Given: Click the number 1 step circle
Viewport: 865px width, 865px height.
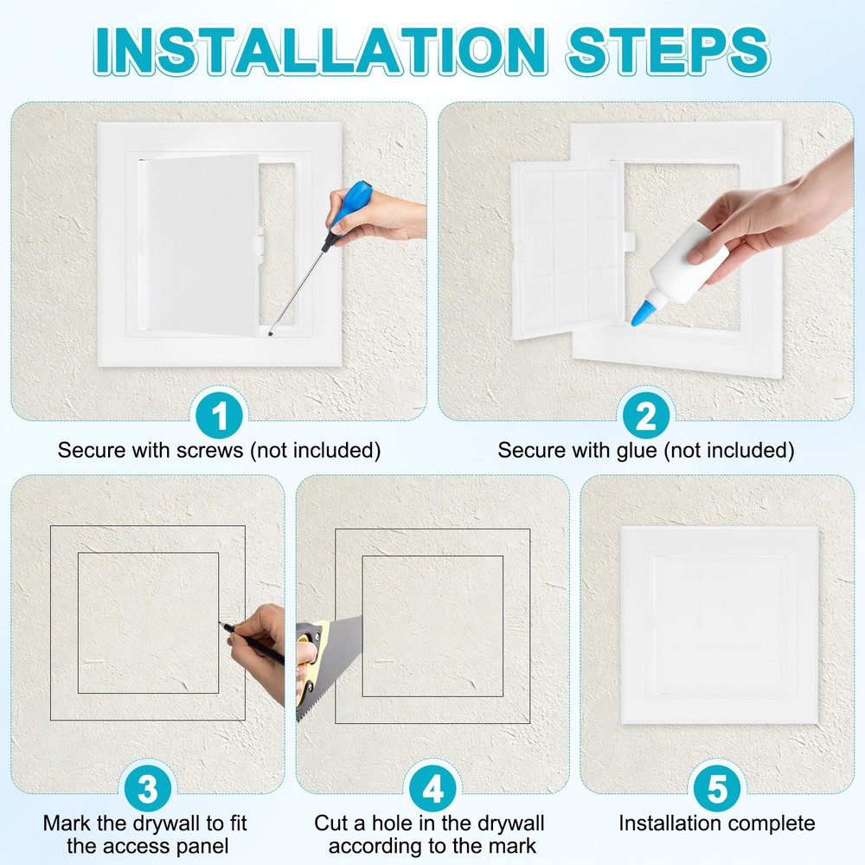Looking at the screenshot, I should (220, 416).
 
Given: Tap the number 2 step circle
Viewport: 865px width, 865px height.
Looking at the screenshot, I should (645, 416).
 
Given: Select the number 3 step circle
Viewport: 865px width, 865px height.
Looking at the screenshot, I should (147, 789).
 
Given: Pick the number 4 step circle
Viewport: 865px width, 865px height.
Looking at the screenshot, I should (432, 789).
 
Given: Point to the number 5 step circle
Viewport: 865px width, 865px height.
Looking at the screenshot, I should (716, 789).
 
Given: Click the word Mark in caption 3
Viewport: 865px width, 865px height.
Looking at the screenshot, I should (64, 823).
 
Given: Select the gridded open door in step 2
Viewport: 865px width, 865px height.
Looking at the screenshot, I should (567, 251).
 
